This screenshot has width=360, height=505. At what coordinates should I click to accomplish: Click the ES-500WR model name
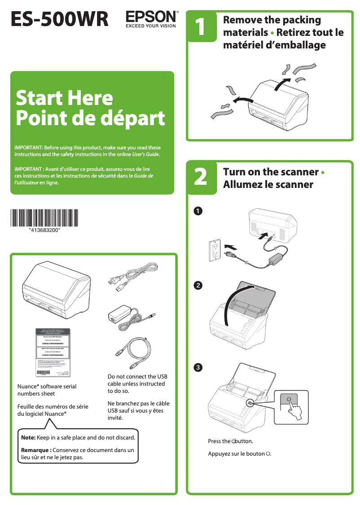click(60, 19)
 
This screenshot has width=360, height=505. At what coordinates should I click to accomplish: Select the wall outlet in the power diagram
click(215, 250)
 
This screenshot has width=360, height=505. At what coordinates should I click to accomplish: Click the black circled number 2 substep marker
click(197, 285)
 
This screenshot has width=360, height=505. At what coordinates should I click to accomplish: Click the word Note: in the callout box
click(28, 437)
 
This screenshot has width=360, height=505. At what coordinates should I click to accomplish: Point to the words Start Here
click(64, 98)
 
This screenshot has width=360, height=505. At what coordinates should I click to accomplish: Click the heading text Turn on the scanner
click(271, 172)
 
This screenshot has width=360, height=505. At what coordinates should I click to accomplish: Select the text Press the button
click(230, 441)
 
